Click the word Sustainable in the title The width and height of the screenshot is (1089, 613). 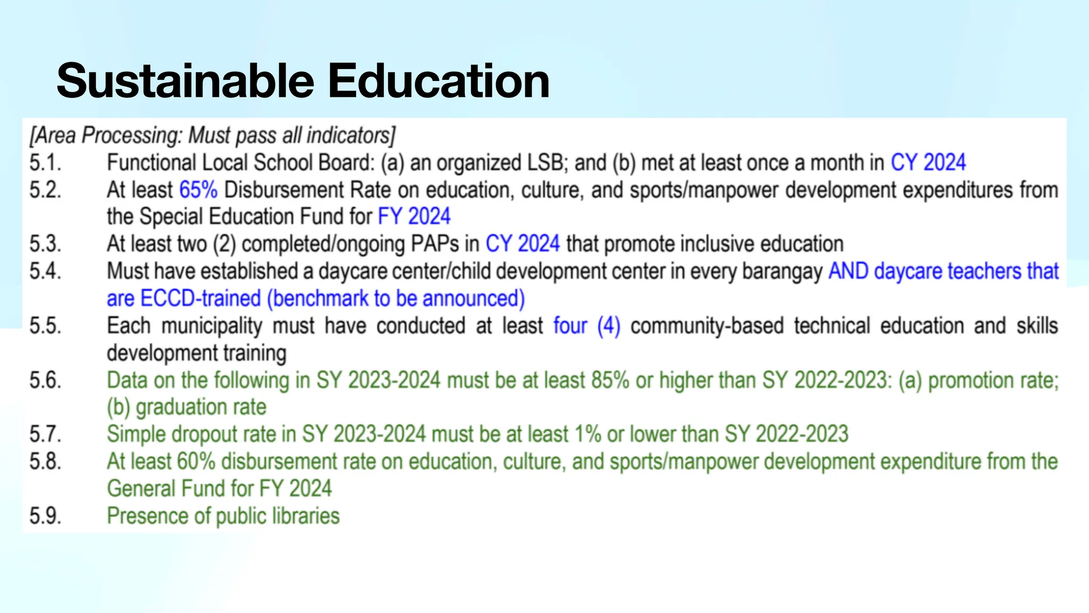pyautogui.click(x=186, y=81)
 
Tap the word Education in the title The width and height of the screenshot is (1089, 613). pyautogui.click(x=438, y=81)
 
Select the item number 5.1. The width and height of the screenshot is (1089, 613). pyautogui.click(x=45, y=163)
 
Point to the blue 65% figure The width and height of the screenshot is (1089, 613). pyautogui.click(x=198, y=190)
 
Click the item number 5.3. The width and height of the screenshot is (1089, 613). pyautogui.click(x=45, y=244)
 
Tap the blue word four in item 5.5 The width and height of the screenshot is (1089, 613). pyautogui.click(x=570, y=326)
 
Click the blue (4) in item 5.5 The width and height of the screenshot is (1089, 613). pyautogui.click(x=609, y=326)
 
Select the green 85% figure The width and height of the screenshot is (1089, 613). pyautogui.click(x=610, y=380)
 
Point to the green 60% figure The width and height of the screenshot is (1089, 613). pyautogui.click(x=196, y=462)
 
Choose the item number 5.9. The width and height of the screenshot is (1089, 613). pyautogui.click(x=45, y=516)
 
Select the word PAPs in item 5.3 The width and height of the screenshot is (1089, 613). pyautogui.click(x=434, y=244)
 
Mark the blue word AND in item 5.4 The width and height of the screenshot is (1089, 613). pyautogui.click(x=848, y=271)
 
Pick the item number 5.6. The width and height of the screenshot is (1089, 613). pyautogui.click(x=45, y=380)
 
